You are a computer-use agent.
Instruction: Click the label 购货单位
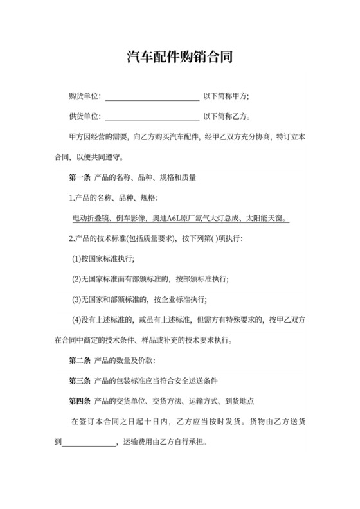(x=83, y=96)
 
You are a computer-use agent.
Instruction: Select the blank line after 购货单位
(x=152, y=98)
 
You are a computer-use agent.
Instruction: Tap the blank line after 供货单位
(x=152, y=118)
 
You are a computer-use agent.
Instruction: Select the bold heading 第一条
(x=79, y=177)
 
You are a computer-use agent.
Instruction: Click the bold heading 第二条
(x=79, y=360)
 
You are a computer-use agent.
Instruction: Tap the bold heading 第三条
(x=79, y=380)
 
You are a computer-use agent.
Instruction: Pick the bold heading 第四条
(x=79, y=401)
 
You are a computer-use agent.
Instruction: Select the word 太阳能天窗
(x=268, y=218)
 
